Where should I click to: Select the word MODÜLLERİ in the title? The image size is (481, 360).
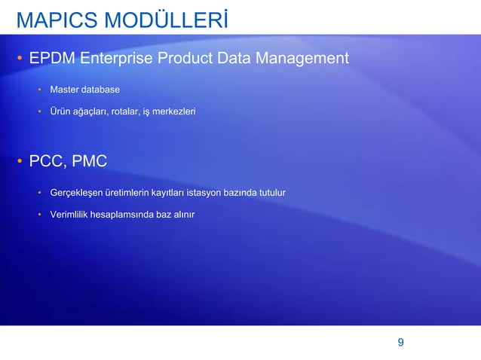[167, 20]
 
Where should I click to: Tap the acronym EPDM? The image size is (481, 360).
[52, 59]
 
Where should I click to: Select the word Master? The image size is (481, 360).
[65, 90]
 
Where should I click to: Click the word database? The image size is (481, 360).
[101, 90]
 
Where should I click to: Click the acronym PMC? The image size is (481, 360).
[90, 161]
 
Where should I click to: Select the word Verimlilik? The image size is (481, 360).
[69, 215]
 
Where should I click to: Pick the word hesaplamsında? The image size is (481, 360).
[121, 215]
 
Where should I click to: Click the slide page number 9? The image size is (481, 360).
[400, 343]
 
